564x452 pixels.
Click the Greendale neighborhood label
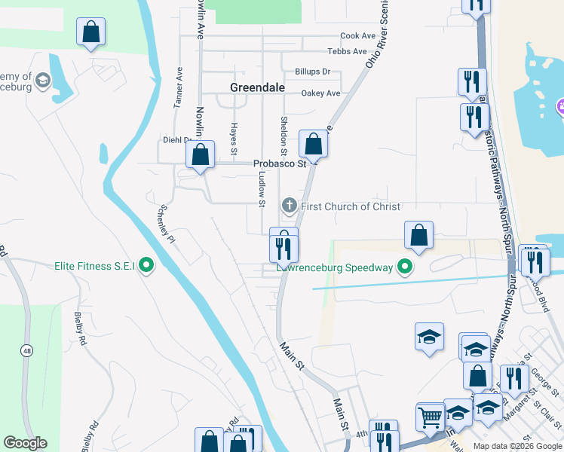point(257,87)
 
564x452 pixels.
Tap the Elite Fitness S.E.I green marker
point(148,265)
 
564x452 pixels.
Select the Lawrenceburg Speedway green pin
point(406,267)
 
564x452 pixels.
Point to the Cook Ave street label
point(357,35)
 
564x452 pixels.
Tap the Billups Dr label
point(313,72)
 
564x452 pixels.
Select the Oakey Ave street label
point(320,93)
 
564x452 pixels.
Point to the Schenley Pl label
point(166,224)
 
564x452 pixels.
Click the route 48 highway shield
point(28,350)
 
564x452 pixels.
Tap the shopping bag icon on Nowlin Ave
point(201,156)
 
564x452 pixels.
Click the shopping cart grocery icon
point(430,416)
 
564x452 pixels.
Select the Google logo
point(25,443)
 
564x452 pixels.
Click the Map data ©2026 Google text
point(517,446)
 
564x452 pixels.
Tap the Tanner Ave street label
point(179,89)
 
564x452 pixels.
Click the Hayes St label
point(234,134)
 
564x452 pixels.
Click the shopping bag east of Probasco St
point(313,143)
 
